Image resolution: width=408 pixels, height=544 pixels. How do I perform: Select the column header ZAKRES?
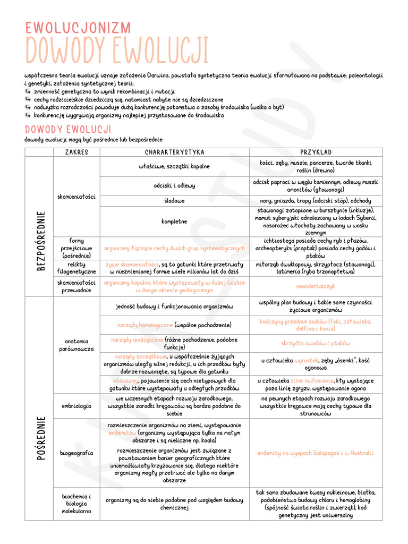tap(76, 152)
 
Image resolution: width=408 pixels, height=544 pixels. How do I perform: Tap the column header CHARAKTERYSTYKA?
tap(175, 152)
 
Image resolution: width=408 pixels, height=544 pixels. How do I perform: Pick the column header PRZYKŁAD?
tap(316, 152)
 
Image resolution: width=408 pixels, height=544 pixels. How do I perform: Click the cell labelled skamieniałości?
tap(76, 197)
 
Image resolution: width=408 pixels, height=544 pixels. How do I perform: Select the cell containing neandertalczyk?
tap(316, 286)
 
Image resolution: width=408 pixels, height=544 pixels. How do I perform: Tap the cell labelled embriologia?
tap(76, 405)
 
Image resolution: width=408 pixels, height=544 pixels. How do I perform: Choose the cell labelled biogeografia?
tap(76, 453)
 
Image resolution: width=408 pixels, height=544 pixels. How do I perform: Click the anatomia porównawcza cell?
tap(76, 345)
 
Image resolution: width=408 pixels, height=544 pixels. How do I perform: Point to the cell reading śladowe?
tap(175, 201)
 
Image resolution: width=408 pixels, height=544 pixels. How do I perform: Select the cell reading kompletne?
tap(175, 221)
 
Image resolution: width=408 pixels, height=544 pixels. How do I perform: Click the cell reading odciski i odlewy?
tap(175, 186)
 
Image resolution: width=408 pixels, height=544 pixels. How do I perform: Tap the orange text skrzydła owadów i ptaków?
tap(316, 344)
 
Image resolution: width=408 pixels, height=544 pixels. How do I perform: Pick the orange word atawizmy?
tap(125, 381)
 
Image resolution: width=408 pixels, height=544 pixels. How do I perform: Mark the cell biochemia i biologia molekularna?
tap(76, 503)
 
